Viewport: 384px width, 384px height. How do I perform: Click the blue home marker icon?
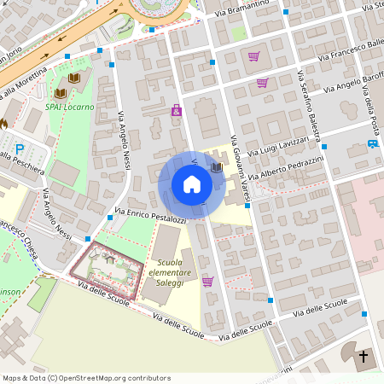click(191, 183)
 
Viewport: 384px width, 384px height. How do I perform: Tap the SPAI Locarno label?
click(69, 108)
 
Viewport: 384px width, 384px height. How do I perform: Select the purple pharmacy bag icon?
click(176, 110)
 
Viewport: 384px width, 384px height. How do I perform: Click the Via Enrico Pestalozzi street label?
click(149, 214)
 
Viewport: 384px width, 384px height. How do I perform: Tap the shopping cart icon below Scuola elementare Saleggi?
click(207, 282)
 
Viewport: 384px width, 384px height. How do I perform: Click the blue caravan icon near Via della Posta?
click(372, 143)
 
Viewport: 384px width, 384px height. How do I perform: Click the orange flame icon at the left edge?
click(3, 122)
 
